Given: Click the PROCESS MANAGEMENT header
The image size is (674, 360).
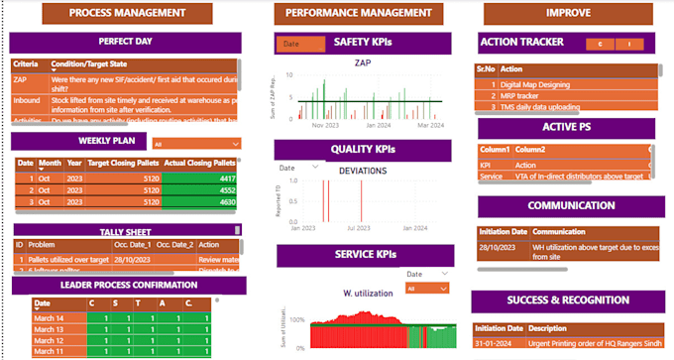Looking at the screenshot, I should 128,14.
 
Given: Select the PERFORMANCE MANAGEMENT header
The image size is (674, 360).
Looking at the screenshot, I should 358,14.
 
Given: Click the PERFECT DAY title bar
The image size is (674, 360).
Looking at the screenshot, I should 125,43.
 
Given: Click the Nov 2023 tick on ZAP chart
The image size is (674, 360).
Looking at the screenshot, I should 326,126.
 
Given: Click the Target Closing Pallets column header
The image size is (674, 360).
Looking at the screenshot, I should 123,163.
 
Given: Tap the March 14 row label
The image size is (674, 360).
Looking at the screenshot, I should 49,318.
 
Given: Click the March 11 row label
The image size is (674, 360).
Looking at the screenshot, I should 49,351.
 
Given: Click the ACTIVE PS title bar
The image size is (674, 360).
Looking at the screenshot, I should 566,128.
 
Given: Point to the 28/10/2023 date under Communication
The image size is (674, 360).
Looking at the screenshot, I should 496,246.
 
